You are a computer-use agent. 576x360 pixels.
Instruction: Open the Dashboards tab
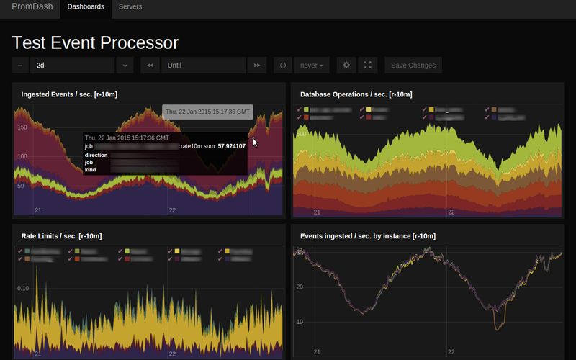point(85,7)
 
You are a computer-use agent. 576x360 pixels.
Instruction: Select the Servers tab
point(130,7)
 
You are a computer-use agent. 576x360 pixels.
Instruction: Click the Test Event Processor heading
point(95,42)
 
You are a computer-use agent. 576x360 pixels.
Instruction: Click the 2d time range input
point(72,66)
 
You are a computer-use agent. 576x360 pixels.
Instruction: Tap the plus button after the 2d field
point(125,66)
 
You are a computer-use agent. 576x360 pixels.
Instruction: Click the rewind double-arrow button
point(150,66)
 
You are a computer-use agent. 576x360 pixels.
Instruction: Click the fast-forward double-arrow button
point(257,66)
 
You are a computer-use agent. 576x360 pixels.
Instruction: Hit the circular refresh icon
point(284,66)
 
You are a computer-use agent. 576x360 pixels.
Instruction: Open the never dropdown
point(312,66)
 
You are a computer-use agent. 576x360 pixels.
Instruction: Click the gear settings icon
point(346,66)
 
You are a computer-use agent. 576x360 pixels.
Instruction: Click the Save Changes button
point(413,66)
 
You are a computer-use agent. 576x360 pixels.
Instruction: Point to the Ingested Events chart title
point(69,94)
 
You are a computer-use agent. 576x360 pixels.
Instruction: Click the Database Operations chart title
point(356,94)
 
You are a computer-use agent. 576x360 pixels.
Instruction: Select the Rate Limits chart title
point(61,235)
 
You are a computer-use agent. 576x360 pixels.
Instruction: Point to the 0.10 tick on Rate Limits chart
point(24,288)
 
